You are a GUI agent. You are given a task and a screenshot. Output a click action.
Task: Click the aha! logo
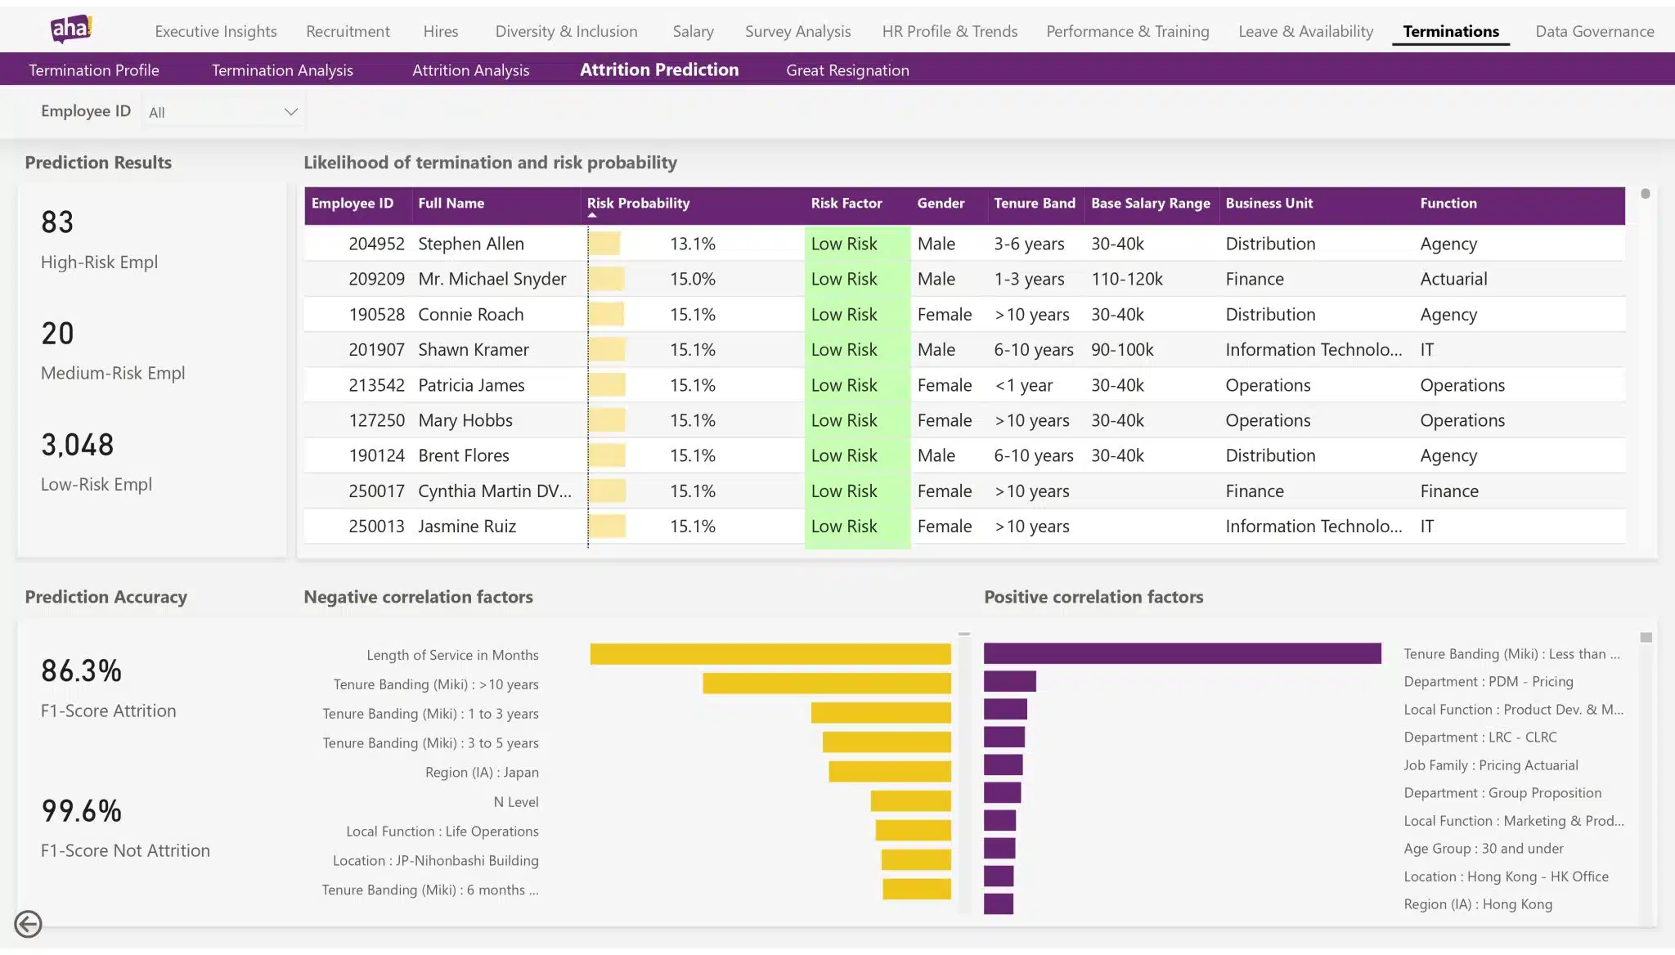(x=71, y=29)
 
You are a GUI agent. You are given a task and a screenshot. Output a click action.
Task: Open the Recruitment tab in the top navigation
(x=348, y=31)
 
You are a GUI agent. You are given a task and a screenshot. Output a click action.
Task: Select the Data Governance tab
(x=1594, y=31)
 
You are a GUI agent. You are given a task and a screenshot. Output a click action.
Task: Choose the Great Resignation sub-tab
(x=847, y=70)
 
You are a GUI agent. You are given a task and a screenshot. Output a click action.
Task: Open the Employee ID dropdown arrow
(x=290, y=112)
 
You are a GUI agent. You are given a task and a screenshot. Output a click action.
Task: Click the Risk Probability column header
(x=638, y=203)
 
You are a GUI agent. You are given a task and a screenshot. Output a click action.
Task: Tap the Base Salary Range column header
(x=1150, y=203)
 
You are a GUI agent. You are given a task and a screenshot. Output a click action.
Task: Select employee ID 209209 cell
(x=376, y=279)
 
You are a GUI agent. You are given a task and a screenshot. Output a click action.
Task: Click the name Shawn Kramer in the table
(x=473, y=350)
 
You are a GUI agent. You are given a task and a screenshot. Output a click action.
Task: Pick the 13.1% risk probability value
(x=692, y=244)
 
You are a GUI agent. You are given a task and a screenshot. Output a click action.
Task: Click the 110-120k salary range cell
(x=1126, y=279)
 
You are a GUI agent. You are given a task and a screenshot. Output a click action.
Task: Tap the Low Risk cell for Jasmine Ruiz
(x=844, y=527)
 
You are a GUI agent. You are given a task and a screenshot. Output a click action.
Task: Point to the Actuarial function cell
(x=1453, y=279)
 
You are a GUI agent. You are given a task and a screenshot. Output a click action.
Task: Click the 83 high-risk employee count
(x=57, y=222)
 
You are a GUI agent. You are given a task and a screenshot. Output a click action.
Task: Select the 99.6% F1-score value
(x=81, y=810)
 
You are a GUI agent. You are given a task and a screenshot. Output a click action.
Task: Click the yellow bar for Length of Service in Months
(x=770, y=654)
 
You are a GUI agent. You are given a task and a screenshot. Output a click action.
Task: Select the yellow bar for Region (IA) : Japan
(x=889, y=772)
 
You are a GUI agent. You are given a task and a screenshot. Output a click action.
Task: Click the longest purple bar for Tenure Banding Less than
(x=1182, y=653)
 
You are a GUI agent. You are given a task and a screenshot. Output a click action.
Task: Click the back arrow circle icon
(x=29, y=924)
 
